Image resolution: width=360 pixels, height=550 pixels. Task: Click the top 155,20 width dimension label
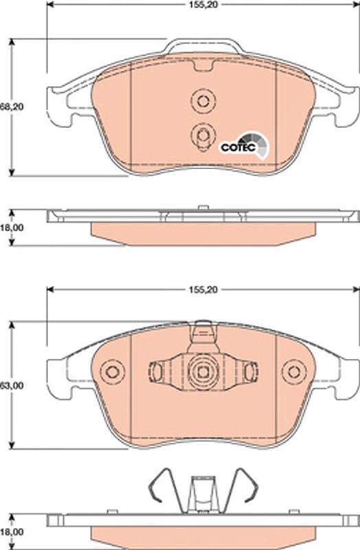point(203,5)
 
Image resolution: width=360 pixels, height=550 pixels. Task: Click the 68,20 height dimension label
point(12,107)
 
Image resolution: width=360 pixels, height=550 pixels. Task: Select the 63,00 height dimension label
point(12,386)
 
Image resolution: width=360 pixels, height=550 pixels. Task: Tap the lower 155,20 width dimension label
point(203,289)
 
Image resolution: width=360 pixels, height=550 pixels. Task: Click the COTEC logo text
point(238,148)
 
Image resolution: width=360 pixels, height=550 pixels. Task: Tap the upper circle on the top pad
point(203,101)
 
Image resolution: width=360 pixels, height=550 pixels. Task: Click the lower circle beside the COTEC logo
point(203,135)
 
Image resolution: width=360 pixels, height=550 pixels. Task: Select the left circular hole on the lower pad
point(113,371)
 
